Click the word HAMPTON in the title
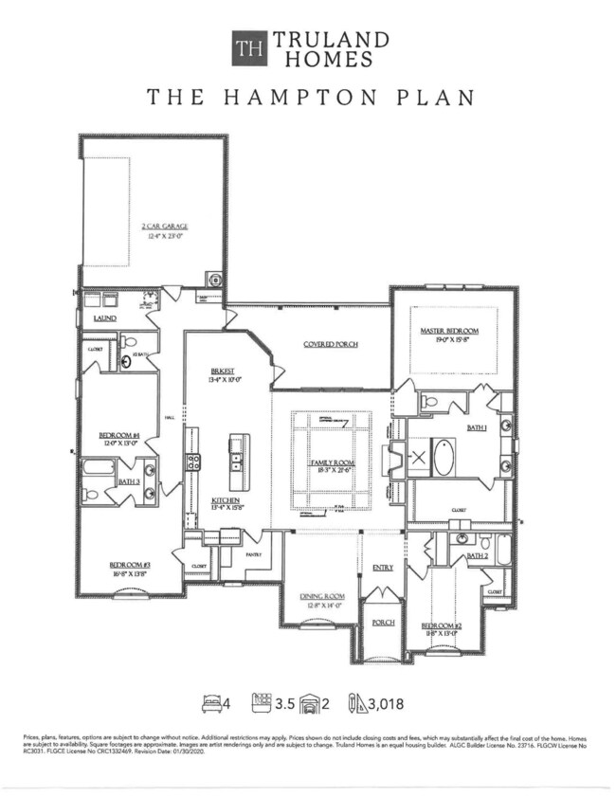pos(305,99)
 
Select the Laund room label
pos(104,319)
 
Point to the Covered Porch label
pos(331,344)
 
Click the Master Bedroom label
pos(450,331)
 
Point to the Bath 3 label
pos(129,482)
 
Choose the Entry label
pos(383,568)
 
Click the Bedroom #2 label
pos(441,626)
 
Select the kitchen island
pos(237,456)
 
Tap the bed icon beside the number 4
pos(211,702)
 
